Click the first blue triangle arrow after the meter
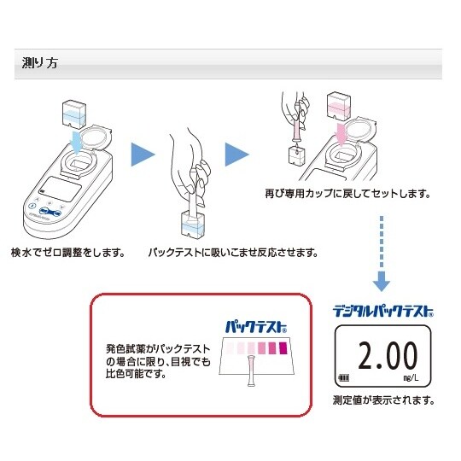point(143,155)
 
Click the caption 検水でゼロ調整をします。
point(67,253)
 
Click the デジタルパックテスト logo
point(382,311)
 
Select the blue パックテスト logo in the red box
point(255,325)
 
